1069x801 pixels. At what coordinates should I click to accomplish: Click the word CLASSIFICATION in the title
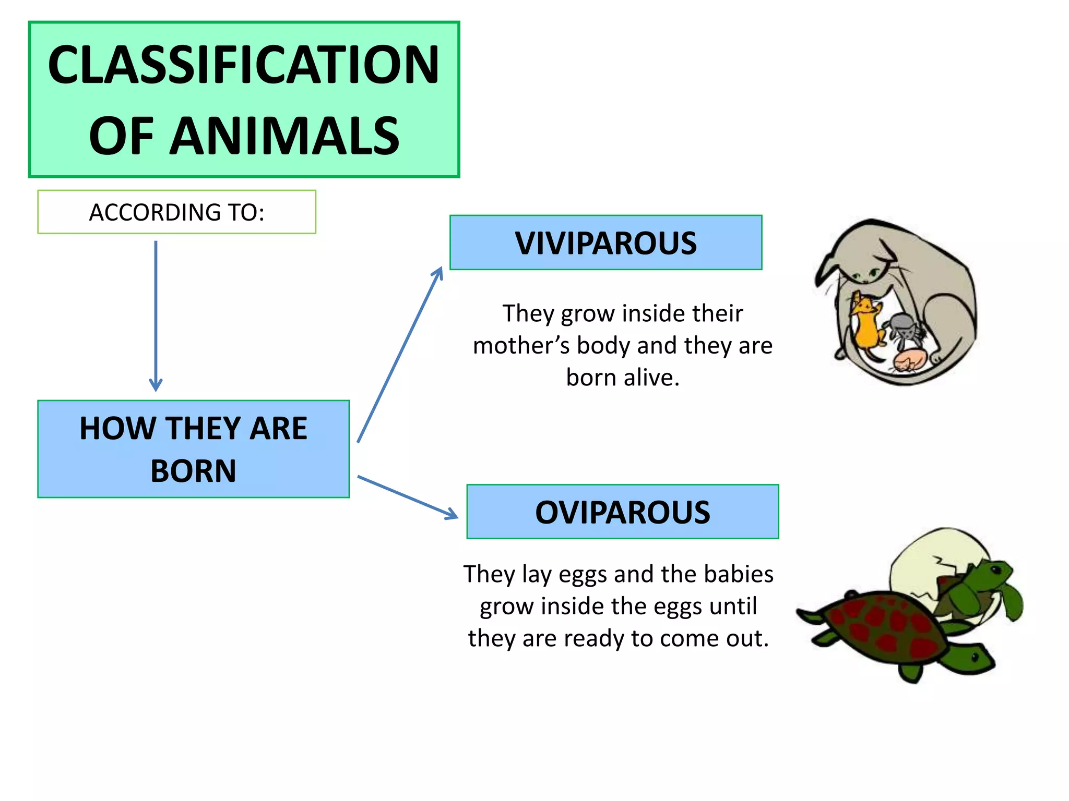pyautogui.click(x=244, y=65)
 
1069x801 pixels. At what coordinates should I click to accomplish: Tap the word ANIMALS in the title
pyautogui.click(x=284, y=136)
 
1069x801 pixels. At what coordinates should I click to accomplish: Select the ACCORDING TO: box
pyautogui.click(x=176, y=212)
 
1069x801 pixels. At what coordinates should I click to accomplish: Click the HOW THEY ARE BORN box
pyautogui.click(x=193, y=449)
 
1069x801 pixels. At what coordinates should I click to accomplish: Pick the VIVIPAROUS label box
pyautogui.click(x=605, y=242)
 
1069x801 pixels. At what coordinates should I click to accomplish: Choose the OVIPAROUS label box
pyautogui.click(x=622, y=512)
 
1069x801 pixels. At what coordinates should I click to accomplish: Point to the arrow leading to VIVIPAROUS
pyautogui.click(x=400, y=355)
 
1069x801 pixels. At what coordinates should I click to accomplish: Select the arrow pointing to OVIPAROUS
pyautogui.click(x=407, y=497)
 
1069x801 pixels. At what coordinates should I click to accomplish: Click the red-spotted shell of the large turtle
pyautogui.click(x=882, y=626)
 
